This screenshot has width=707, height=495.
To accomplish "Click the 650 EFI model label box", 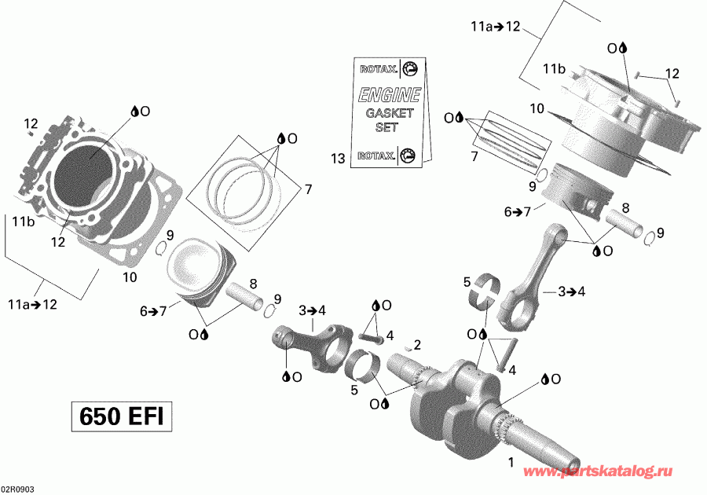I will point(121,416).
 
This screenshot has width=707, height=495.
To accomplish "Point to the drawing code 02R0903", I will point(17,489).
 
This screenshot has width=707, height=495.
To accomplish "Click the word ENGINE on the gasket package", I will point(390,96).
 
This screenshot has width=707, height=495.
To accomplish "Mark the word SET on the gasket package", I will point(387,126).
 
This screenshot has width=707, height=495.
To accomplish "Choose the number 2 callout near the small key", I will point(417,344).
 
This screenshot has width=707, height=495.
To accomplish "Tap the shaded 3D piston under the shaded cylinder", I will point(577,194).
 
